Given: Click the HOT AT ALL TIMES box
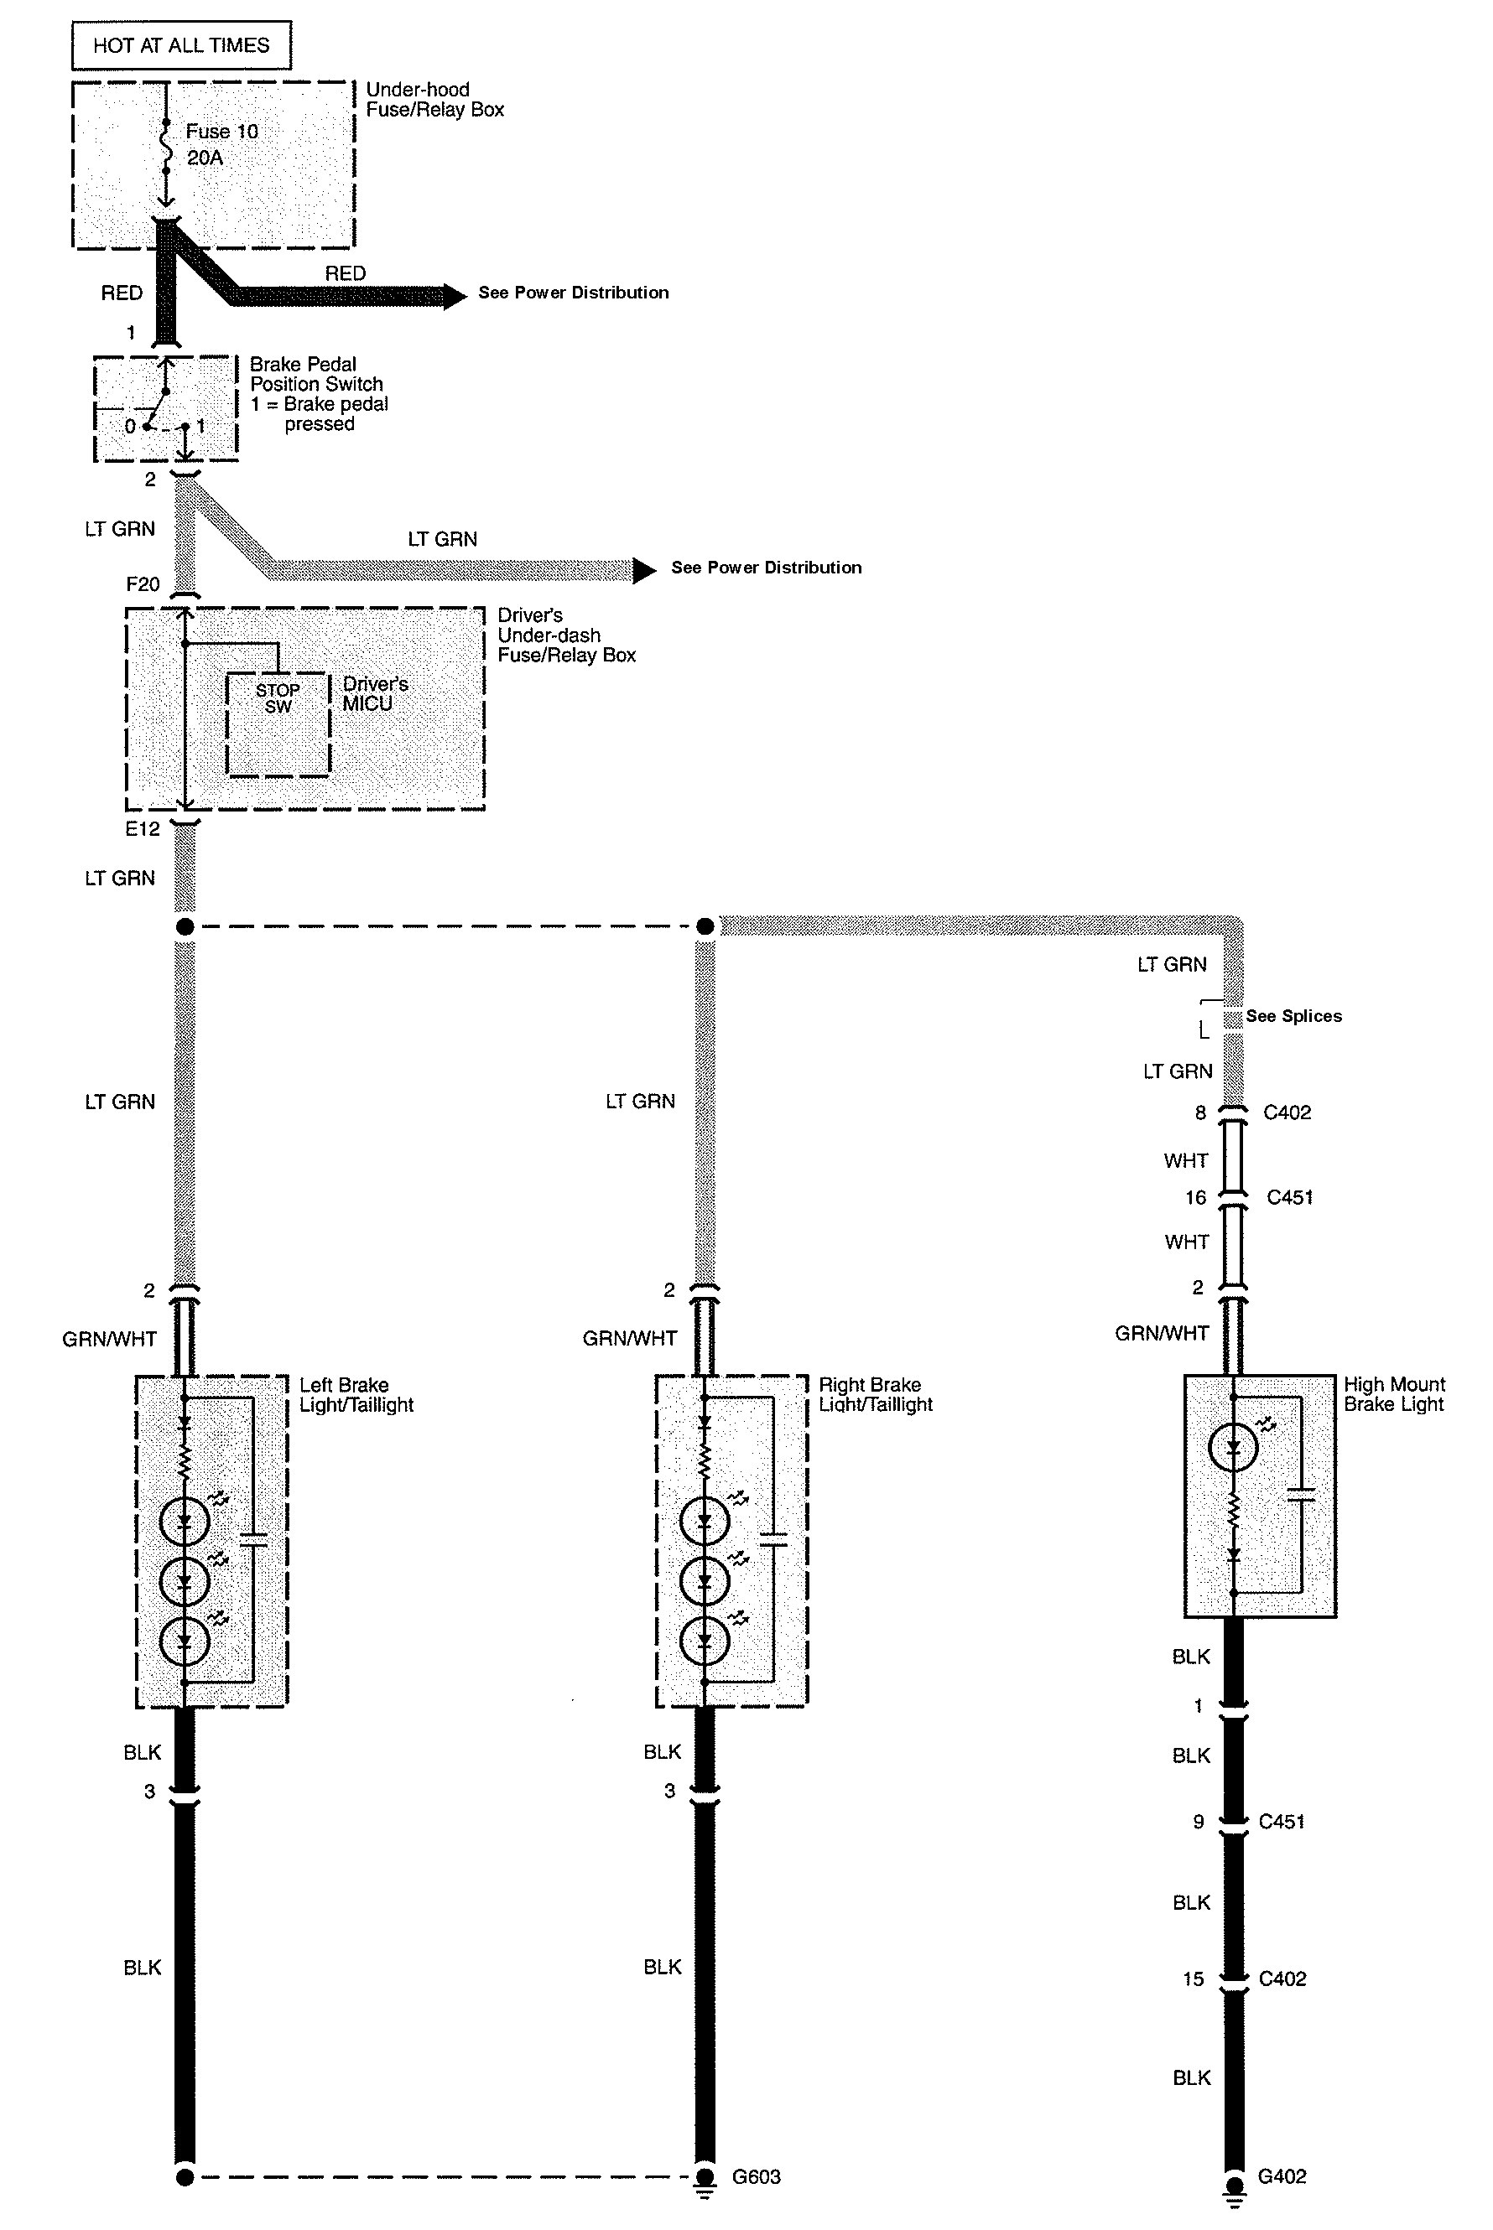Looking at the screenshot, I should click(x=181, y=45).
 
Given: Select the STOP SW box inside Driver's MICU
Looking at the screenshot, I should click(x=278, y=698).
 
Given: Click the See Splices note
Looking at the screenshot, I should click(x=1293, y=1015).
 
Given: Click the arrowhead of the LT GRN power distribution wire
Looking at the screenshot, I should click(x=645, y=570).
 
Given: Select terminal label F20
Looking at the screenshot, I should click(x=143, y=584).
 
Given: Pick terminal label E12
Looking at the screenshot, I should click(x=143, y=829).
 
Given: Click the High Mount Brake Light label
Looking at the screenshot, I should click(x=1394, y=1393).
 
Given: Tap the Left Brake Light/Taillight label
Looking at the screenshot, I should click(x=356, y=1394).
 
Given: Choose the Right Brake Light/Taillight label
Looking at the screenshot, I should click(x=875, y=1394).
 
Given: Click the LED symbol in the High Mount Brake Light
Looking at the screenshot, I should click(x=1233, y=1448).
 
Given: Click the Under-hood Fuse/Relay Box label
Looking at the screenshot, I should click(x=434, y=99).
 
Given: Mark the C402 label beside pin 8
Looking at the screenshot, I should click(x=1287, y=1112).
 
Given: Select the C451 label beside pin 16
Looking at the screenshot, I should click(x=1289, y=1197).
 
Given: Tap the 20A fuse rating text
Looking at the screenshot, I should click(x=205, y=158).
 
